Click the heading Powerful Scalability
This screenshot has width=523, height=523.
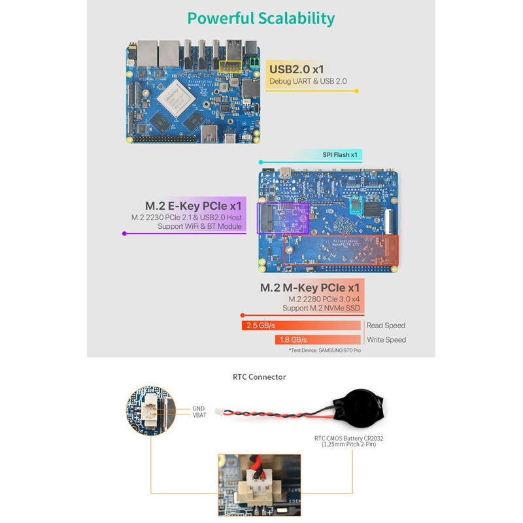(261, 18)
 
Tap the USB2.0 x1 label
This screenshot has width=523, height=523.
(296, 69)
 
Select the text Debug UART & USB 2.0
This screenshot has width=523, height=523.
(308, 82)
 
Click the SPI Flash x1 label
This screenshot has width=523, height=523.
(340, 155)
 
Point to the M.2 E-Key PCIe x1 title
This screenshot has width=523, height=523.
(194, 205)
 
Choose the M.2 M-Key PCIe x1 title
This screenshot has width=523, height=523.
(310, 288)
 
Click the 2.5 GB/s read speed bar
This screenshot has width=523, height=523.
(301, 326)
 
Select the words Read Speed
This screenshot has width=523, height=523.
(386, 326)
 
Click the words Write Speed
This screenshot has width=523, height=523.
(386, 340)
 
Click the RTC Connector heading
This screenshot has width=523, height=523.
(260, 377)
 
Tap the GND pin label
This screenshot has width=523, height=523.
(198, 409)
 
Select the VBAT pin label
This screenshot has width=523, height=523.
(199, 415)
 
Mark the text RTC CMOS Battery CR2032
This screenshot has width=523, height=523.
(347, 438)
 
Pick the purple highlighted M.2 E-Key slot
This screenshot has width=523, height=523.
(282, 218)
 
